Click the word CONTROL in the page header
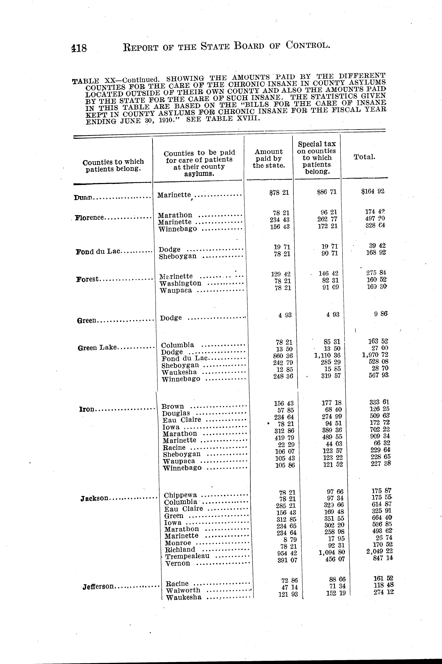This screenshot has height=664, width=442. pos(307,45)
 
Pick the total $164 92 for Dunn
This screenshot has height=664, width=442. pos(373,191)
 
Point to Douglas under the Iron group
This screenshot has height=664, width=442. pos(176,413)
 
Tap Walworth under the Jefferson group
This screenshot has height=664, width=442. pos(183,590)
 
